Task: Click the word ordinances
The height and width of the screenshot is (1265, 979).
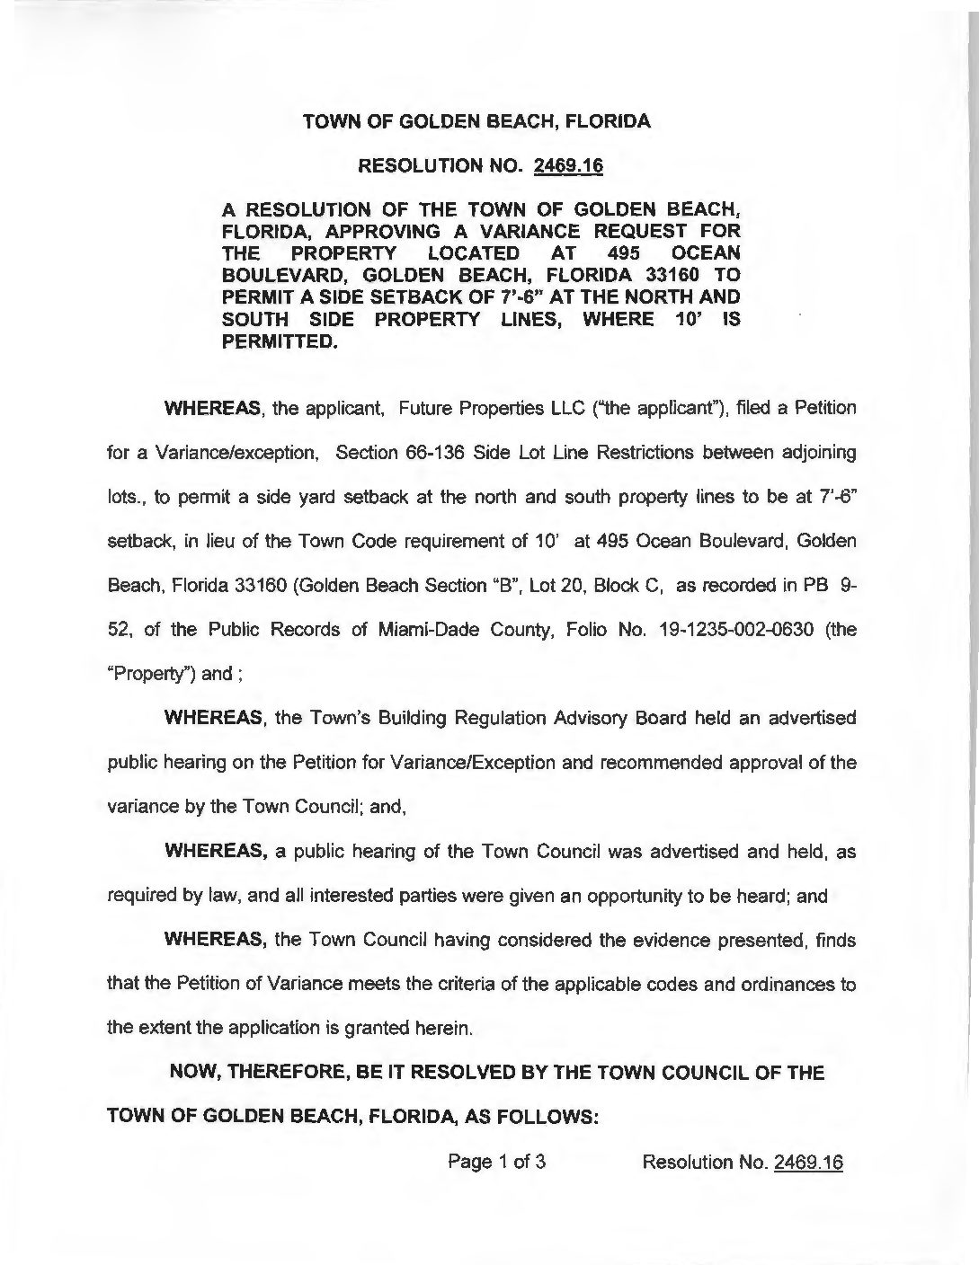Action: click(x=786, y=984)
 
